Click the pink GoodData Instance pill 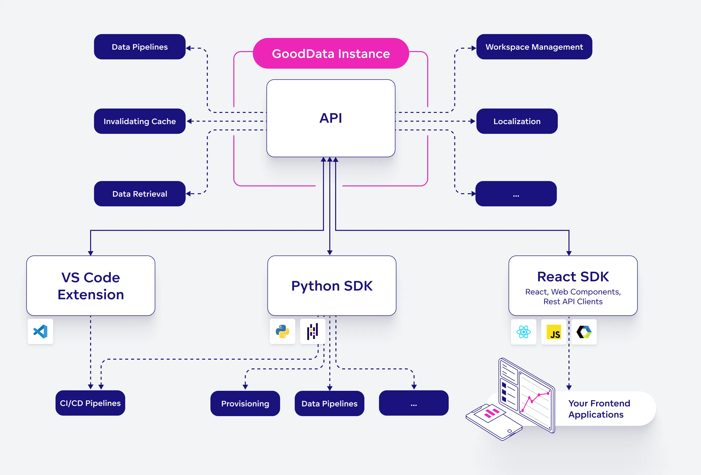331,53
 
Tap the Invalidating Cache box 140,121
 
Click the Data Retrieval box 140,193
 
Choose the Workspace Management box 534,47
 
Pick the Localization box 517,121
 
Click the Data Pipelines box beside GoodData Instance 140,47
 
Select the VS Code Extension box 91,285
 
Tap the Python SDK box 332,285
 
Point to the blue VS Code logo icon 40,331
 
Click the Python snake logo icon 282,331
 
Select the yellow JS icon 554,332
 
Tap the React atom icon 523,332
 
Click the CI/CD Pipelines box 90,403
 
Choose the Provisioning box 245,403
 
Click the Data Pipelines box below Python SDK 329,403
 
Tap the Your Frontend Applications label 599,409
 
